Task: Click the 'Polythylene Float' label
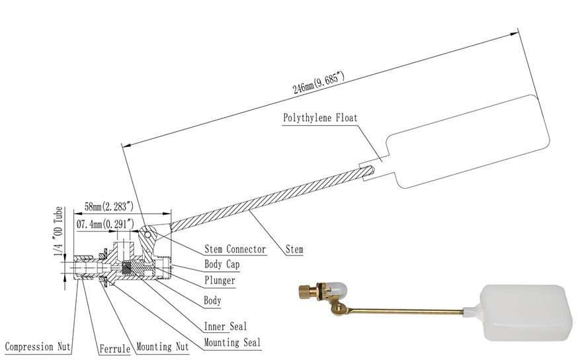click(320, 118)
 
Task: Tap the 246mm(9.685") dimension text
click(319, 83)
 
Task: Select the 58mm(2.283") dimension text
click(108, 206)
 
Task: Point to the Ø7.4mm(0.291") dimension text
click(105, 224)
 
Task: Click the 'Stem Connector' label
click(235, 249)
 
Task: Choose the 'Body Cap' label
click(222, 265)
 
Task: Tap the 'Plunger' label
click(220, 281)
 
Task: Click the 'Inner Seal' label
click(226, 326)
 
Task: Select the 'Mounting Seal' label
click(232, 342)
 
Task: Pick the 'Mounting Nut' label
click(163, 347)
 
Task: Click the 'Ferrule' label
click(114, 349)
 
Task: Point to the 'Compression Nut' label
click(38, 347)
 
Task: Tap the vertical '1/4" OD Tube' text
click(58, 231)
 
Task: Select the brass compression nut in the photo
click(307, 291)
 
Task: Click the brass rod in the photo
click(405, 311)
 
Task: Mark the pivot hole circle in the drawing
click(148, 235)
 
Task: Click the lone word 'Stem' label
click(294, 249)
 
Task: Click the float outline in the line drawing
click(468, 141)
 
